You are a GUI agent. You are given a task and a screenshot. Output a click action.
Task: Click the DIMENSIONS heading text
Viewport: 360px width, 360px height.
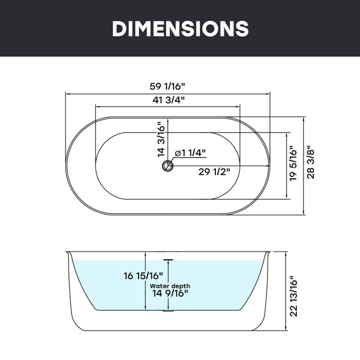point(180,28)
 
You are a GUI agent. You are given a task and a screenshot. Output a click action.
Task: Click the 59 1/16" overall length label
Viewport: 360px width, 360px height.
point(167,86)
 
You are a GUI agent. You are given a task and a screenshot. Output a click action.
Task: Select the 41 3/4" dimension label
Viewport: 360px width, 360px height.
point(169,100)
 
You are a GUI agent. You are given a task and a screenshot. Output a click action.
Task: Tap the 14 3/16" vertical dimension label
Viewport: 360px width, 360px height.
point(161,140)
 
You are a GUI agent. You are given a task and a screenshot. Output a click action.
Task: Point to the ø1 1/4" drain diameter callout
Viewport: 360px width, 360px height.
point(190,152)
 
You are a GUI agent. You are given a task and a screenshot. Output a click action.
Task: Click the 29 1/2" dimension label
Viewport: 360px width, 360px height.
point(214,172)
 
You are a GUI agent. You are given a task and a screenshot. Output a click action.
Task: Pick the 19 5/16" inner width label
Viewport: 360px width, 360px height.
point(293,163)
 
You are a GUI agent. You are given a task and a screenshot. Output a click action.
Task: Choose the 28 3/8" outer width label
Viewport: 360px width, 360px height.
point(310,161)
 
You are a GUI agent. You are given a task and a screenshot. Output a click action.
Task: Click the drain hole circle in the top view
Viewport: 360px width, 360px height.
point(168,166)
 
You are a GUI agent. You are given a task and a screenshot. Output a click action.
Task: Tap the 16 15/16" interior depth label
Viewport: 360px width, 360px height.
point(143,275)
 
